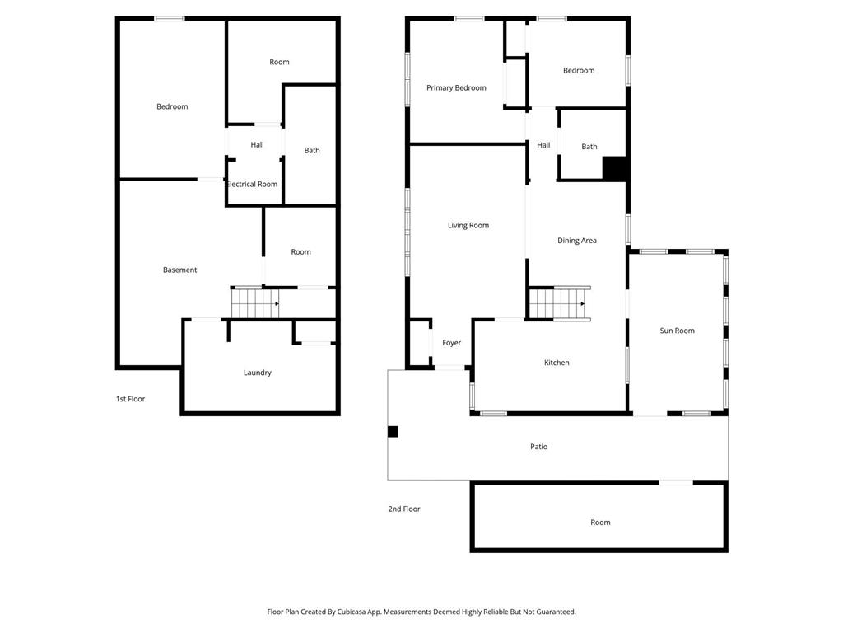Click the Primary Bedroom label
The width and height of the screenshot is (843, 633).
pos(456,87)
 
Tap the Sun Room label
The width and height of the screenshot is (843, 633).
pos(677,331)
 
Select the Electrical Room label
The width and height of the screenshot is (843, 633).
pos(252,184)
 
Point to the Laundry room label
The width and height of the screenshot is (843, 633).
pos(257,373)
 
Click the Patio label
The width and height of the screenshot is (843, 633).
pos(538,446)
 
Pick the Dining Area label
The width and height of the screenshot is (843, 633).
pos(577,241)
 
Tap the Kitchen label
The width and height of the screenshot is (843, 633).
pos(557,363)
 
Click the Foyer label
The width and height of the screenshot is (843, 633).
pos(452,343)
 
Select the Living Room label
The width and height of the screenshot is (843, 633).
pos(468,226)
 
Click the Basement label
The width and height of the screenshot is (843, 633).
pos(179,270)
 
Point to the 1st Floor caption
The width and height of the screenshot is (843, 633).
pos(130,399)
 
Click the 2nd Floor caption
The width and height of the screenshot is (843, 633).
pos(403,509)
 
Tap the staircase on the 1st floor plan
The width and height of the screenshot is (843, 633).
pos(255,303)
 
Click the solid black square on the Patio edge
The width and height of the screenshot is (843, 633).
pos(393,431)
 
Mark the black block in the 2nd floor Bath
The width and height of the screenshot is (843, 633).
pos(614,168)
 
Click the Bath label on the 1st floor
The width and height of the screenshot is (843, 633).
pos(312,151)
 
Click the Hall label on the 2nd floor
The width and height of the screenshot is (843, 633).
pos(543,145)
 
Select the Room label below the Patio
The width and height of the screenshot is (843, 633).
pos(600,522)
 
